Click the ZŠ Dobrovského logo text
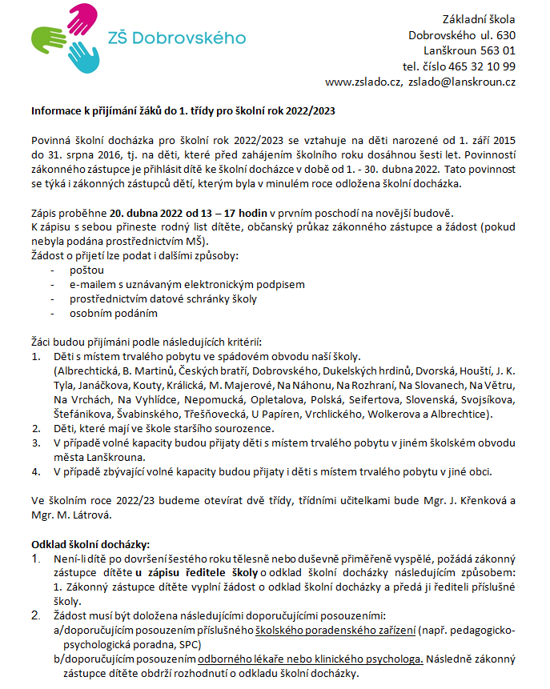tap(176, 37)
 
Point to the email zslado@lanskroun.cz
tap(462, 82)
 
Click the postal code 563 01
tap(497, 50)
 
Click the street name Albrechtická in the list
tap(86, 371)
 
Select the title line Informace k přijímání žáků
tap(183, 111)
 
